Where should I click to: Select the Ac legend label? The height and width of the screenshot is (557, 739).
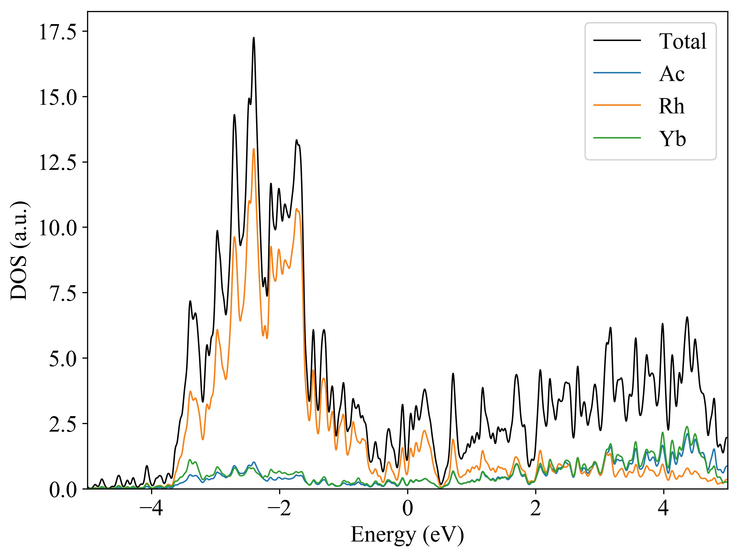click(672, 74)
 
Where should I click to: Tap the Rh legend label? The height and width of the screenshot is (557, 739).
click(671, 106)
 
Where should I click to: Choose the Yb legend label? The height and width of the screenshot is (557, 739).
click(672, 139)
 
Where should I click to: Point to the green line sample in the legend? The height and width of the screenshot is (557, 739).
click(617, 138)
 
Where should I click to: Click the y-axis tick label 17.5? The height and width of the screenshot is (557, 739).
click(57, 32)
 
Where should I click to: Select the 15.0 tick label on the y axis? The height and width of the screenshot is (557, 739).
click(57, 97)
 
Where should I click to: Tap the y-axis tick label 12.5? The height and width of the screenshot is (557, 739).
click(57, 163)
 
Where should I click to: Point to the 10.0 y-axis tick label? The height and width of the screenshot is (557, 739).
click(57, 228)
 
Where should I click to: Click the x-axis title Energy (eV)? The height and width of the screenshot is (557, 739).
click(408, 535)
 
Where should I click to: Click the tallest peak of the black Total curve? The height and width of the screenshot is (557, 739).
click(254, 38)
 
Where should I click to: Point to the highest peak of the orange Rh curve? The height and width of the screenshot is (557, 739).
click(254, 149)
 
